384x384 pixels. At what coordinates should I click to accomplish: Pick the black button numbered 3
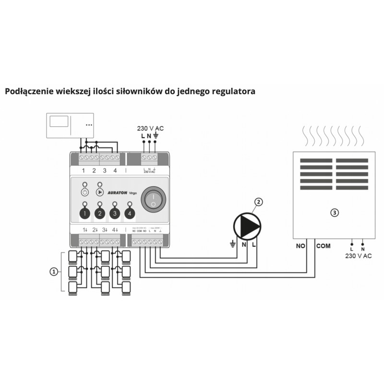point(114,213)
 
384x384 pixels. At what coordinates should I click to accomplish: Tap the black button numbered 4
point(129,213)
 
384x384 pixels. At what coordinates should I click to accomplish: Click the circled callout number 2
point(259,202)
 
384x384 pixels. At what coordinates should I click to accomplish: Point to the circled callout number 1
point(54,272)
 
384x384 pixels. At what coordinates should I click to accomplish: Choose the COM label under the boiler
point(323,246)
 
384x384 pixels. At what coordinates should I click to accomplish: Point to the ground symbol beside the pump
point(233,245)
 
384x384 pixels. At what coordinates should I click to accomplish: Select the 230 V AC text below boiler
point(358,256)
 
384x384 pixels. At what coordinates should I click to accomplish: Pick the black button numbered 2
point(100,213)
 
